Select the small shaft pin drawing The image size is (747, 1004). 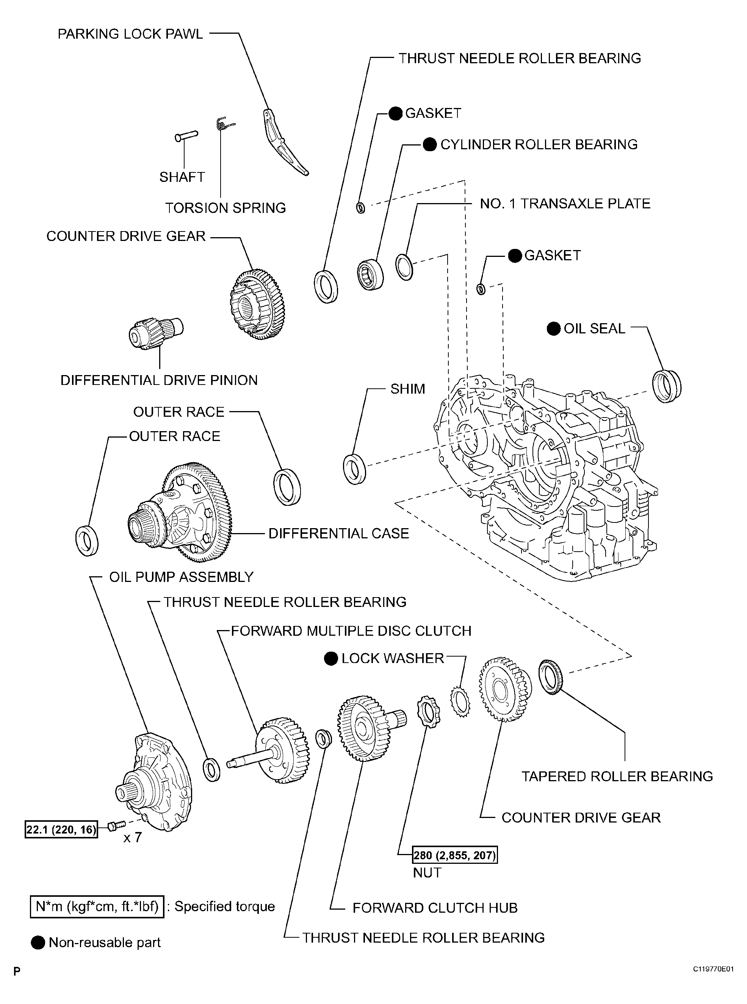[x=186, y=136]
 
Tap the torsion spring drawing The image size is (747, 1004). [x=223, y=124]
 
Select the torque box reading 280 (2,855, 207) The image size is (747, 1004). [x=454, y=855]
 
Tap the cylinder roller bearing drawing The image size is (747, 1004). [x=370, y=274]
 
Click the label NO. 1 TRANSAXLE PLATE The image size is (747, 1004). [x=565, y=203]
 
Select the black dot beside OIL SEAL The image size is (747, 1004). [x=553, y=328]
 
